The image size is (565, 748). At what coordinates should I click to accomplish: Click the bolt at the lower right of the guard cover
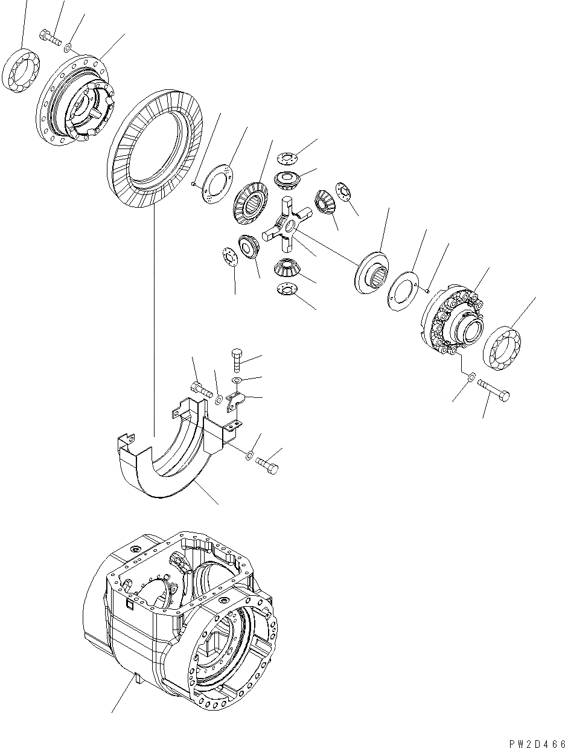267,465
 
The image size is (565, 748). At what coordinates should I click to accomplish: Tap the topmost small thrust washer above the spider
288,159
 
